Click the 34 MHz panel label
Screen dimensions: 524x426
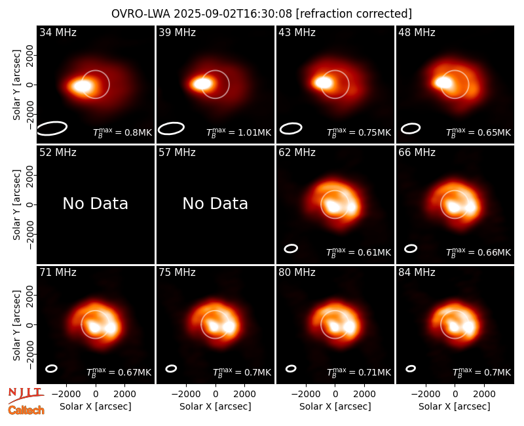pyautogui.click(x=58, y=32)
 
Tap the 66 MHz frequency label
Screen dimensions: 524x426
pyautogui.click(x=417, y=153)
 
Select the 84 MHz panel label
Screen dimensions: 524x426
pyautogui.click(x=417, y=273)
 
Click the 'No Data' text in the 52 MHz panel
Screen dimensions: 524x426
pyautogui.click(x=96, y=203)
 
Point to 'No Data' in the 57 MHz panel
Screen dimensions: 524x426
pyautogui.click(x=215, y=203)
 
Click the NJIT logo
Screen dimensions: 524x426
pyautogui.click(x=26, y=395)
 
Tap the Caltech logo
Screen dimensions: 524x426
pyautogui.click(x=26, y=410)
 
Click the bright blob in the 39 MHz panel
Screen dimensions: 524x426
pyautogui.click(x=202, y=84)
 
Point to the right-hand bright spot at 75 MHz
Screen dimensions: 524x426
pyautogui.click(x=229, y=326)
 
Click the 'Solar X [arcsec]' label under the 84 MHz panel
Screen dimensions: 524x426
pyautogui.click(x=455, y=406)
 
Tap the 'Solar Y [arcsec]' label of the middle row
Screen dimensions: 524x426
pyautogui.click(x=17, y=204)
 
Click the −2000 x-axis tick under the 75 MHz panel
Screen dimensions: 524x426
pyautogui.click(x=186, y=395)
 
